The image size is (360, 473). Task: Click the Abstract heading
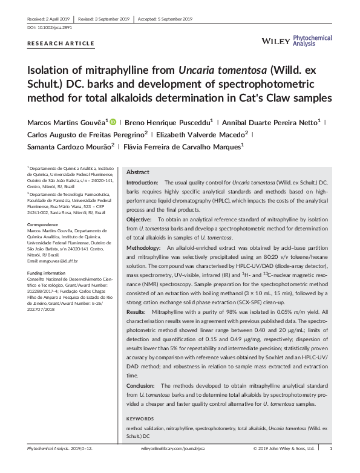138,172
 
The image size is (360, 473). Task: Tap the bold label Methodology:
144,247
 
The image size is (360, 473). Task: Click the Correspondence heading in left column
44,225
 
